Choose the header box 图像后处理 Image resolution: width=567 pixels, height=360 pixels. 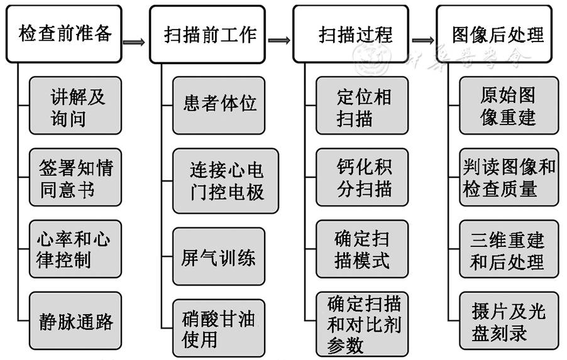coord(494,34)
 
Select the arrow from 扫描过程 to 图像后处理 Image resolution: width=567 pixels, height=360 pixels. coord(423,41)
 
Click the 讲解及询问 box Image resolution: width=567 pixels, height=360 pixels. coord(75,107)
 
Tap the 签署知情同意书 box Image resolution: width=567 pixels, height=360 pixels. coord(75,178)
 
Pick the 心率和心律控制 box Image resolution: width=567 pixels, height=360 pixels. coord(75,249)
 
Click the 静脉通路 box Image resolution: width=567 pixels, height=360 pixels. coord(75,322)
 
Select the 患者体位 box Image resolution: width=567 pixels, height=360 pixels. coord(219,104)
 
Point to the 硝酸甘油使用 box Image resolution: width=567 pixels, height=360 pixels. coord(219,328)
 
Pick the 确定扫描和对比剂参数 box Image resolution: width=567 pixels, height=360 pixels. coord(363,323)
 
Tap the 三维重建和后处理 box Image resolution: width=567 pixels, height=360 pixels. coord(509,249)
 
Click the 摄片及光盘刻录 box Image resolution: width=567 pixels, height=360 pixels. coord(509,322)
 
